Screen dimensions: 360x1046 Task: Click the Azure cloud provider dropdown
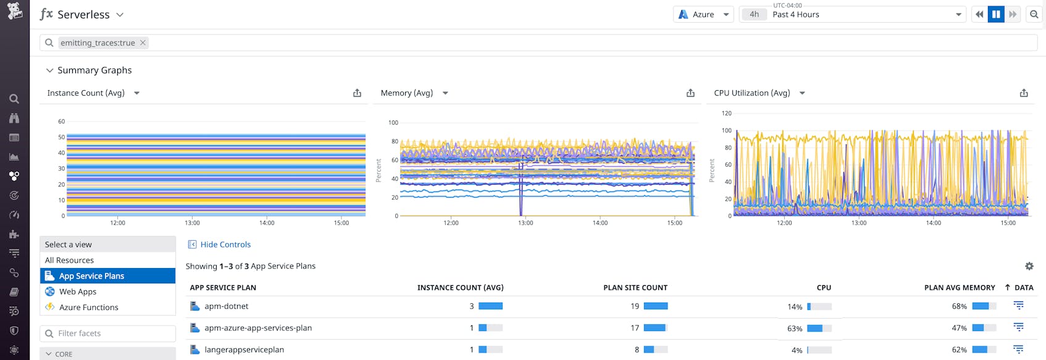click(703, 14)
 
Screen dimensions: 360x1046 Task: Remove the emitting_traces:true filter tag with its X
click(143, 43)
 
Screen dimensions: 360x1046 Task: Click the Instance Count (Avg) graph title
click(86, 93)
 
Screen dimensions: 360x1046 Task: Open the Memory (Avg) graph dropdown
click(445, 93)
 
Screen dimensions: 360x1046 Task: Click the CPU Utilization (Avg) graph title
click(751, 93)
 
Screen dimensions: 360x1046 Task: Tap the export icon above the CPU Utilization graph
click(1024, 93)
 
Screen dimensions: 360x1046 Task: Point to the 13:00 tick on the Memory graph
click(525, 223)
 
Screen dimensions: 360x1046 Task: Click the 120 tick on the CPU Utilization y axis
click(726, 113)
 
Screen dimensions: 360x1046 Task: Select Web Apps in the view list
click(78, 291)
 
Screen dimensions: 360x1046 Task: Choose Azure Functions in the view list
click(88, 307)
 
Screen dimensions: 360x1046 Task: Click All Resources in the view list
click(69, 260)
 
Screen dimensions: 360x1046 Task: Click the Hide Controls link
click(225, 245)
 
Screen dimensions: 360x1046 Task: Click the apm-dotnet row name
click(227, 306)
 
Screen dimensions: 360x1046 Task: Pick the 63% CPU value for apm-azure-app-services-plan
click(795, 329)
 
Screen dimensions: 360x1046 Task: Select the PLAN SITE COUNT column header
click(635, 288)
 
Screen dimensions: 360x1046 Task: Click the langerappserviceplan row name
click(244, 350)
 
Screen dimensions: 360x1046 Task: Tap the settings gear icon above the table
click(1029, 266)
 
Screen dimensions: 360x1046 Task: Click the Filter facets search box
click(108, 333)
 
